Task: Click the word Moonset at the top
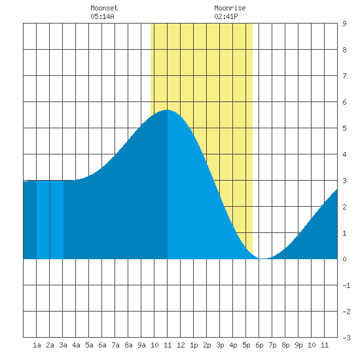[x=104, y=8]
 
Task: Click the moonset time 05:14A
[x=102, y=16]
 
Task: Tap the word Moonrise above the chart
[x=230, y=8]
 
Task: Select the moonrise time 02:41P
[x=226, y=16]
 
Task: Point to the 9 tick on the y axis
[x=344, y=24]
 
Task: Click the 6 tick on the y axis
[x=344, y=102]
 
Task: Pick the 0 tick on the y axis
[x=344, y=259]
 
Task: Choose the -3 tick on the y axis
[x=346, y=338]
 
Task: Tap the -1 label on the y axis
[x=346, y=285]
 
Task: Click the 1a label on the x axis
[x=37, y=345]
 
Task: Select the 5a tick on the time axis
[x=89, y=345]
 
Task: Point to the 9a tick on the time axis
[x=141, y=345]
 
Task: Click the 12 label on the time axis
[x=181, y=345]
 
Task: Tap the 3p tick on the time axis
[x=220, y=345]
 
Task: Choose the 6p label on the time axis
[x=259, y=345]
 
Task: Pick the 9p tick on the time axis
[x=298, y=345]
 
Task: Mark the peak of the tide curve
[x=168, y=110]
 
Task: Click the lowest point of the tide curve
[x=264, y=259]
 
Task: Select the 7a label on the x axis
[x=115, y=345]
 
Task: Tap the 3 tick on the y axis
[x=344, y=181]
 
